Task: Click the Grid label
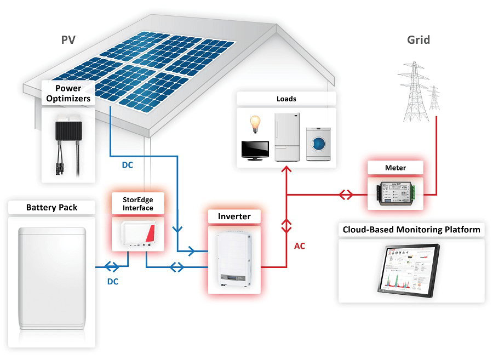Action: point(419,39)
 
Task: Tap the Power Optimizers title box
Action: point(68,93)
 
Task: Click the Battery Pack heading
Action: point(52,208)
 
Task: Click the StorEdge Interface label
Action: point(137,204)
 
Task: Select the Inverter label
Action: point(234,216)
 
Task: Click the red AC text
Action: point(300,246)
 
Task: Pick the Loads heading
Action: point(286,99)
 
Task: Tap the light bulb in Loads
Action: point(254,123)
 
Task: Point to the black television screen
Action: point(255,148)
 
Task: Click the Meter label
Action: point(395,168)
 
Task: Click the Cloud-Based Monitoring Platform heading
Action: point(411,230)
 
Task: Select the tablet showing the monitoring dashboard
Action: point(411,270)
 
